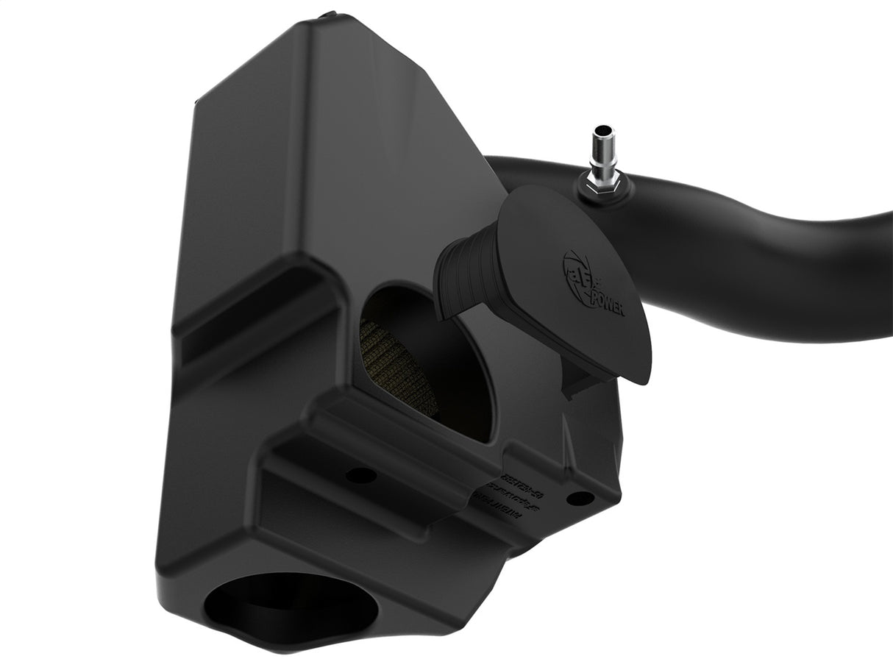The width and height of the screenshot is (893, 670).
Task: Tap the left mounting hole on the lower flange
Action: [361, 475]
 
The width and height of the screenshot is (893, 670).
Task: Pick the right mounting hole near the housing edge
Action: [581, 498]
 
